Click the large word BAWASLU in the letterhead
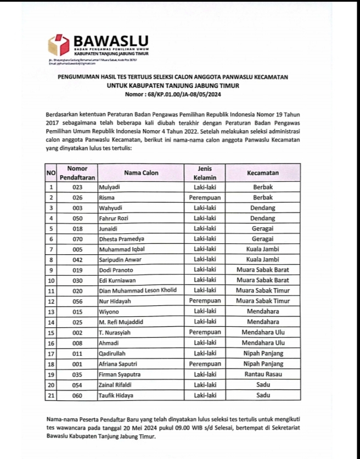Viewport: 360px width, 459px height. tap(110, 41)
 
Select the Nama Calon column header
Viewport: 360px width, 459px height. tap(141, 173)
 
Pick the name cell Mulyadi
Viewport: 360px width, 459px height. tap(109, 187)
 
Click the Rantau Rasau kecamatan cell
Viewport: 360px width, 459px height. tap(262, 374)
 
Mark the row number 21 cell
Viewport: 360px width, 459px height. tap(51, 395)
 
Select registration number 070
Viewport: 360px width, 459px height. tap(77, 239)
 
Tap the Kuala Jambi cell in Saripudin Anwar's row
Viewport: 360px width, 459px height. tap(262, 260)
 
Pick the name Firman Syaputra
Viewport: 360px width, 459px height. tap(119, 374)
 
